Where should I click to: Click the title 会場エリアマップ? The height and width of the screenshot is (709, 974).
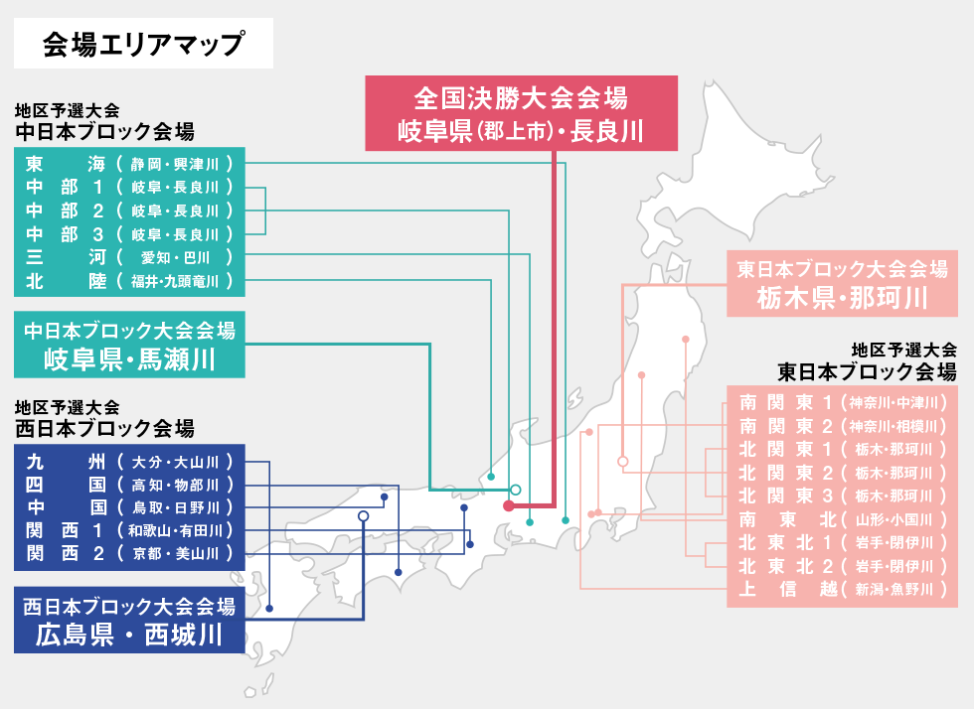(x=143, y=44)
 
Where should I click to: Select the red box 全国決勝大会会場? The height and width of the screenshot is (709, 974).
(x=521, y=113)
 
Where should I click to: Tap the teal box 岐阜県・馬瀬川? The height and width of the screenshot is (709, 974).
(x=129, y=345)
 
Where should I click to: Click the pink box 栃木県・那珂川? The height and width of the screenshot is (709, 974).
(x=842, y=284)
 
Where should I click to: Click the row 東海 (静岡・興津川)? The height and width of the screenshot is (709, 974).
(x=129, y=163)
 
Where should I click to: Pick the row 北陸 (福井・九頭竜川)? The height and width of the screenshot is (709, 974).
(x=129, y=281)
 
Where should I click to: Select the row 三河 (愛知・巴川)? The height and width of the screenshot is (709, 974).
(x=129, y=257)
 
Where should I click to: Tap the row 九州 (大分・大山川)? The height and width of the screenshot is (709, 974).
(x=129, y=461)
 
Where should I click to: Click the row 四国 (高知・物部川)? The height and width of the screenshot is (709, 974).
(x=129, y=485)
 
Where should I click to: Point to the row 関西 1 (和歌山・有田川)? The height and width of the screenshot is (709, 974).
(x=129, y=529)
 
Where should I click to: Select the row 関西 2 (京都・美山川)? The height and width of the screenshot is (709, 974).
(x=129, y=552)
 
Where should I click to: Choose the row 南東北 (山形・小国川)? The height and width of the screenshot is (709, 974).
(x=842, y=518)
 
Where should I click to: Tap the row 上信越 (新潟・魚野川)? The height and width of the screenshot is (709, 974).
(x=842, y=589)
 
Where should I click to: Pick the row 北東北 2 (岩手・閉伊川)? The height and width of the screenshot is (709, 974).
(x=842, y=566)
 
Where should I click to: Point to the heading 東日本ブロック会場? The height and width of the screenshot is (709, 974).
(x=867, y=371)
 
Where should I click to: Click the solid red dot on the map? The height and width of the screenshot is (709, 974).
(x=509, y=506)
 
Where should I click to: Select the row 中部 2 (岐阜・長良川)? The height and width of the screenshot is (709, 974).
(x=129, y=211)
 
